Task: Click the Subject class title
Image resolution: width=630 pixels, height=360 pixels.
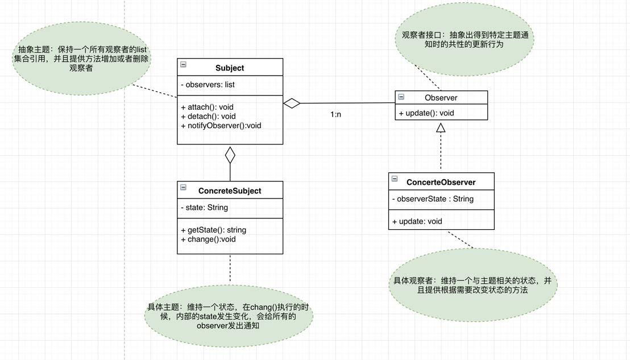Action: click(230, 68)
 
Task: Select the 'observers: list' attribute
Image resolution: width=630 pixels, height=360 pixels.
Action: click(208, 85)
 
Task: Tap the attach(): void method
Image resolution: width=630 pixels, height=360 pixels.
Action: click(207, 107)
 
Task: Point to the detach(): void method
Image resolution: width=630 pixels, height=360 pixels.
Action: click(208, 116)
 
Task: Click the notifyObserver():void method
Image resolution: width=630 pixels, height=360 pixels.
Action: click(221, 125)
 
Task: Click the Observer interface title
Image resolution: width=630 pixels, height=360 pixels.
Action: click(441, 98)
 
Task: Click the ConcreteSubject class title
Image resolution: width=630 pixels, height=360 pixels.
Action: click(230, 191)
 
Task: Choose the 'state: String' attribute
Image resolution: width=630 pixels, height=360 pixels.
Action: click(204, 207)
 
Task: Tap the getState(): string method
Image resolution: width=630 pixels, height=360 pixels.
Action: click(213, 230)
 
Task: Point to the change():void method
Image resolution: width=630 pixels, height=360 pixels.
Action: click(208, 239)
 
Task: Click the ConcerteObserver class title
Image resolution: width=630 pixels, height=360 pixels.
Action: click(441, 182)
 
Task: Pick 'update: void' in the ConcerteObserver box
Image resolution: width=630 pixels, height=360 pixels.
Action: click(417, 221)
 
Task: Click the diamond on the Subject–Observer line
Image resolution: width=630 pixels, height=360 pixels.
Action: click(292, 103)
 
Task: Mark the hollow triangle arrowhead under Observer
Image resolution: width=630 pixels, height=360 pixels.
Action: click(441, 128)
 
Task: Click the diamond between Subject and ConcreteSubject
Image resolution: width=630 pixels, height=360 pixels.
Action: click(230, 155)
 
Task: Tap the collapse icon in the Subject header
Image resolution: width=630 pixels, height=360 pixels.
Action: click(183, 65)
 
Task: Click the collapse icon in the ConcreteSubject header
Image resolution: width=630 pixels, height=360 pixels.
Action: click(183, 187)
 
